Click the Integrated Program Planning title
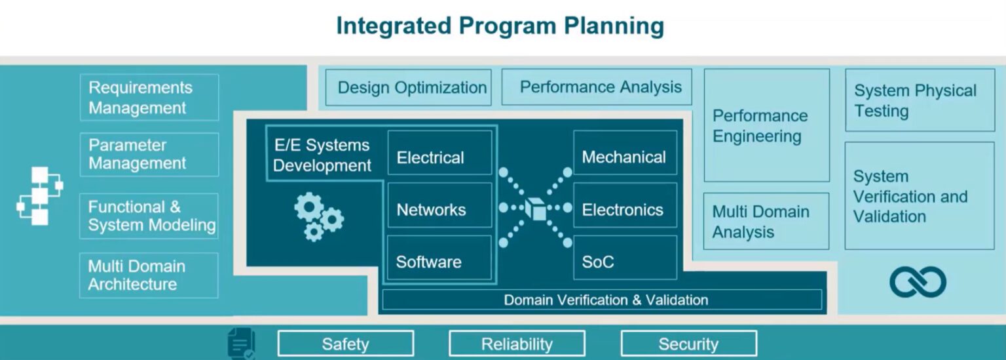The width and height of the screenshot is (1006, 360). tap(500, 26)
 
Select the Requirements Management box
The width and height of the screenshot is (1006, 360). tap(149, 97)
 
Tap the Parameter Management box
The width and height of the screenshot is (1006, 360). tap(149, 154)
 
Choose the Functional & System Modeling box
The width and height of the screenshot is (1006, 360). tap(149, 216)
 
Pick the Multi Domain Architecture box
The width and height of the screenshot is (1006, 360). tap(149, 275)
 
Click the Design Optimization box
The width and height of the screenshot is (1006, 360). tap(409, 87)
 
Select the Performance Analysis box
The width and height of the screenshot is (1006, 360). tap(597, 87)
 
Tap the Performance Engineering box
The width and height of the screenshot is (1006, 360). tap(766, 125)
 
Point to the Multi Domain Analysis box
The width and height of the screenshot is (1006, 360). tap(766, 222)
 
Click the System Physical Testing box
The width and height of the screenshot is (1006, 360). tap(919, 100)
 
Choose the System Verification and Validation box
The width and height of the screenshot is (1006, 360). tap(919, 195)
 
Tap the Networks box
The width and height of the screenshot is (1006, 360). tap(439, 209)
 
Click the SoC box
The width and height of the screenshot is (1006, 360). tap(625, 261)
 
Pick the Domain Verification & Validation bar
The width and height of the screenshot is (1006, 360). tap(601, 300)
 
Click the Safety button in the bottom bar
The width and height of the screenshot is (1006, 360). tap(345, 344)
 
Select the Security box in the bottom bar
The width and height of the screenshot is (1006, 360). tap(688, 344)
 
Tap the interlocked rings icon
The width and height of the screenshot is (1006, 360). tap(918, 282)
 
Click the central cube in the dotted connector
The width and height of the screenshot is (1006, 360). tap(536, 209)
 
